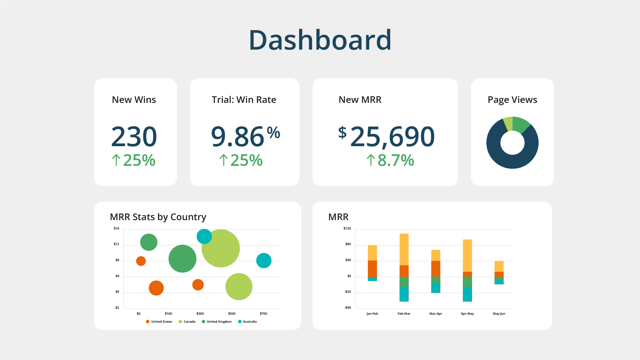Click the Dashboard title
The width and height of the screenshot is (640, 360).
coord(320,40)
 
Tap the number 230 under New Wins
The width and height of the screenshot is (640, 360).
coord(134,137)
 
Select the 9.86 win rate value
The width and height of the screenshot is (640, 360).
coord(238,137)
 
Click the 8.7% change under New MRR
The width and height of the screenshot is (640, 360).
coord(395,160)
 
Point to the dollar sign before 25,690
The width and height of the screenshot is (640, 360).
coord(342,132)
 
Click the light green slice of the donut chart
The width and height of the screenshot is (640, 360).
coord(508,123)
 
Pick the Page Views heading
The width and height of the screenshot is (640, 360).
coord(512,100)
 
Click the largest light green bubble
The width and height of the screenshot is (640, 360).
coord(221,248)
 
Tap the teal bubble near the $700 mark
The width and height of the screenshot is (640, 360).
coord(264,260)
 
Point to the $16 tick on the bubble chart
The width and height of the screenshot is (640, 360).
coord(116,228)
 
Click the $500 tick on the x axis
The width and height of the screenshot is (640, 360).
coord(232,314)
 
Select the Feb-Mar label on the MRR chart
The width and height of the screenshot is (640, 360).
coord(404,314)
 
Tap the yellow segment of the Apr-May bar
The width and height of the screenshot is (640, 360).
coord(467,255)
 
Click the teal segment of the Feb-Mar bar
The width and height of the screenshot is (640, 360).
coord(404,294)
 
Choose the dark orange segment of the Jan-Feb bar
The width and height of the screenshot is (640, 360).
coord(372,268)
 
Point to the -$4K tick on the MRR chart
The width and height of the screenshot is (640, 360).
coord(347,308)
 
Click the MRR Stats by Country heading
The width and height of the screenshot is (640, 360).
coord(158,217)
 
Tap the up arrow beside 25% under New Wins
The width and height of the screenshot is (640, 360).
coord(116,160)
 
